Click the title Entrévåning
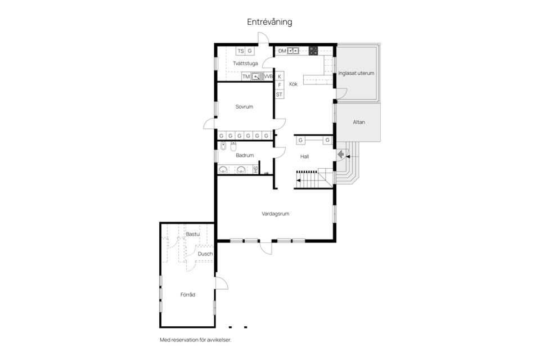(269, 22)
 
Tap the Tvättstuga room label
(245, 64)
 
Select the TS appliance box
(240, 51)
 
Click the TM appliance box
(246, 76)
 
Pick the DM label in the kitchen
(282, 51)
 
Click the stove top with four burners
(313, 51)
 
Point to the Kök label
(294, 84)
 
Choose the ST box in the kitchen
(280, 94)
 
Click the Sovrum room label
(244, 107)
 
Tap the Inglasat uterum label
(356, 73)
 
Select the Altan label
(359, 122)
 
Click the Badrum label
(245, 155)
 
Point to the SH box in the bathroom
(255, 169)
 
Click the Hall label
(304, 156)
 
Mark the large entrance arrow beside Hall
(341, 154)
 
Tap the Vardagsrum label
(276, 214)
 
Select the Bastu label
(192, 234)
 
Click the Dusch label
(205, 254)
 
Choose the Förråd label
(188, 295)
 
